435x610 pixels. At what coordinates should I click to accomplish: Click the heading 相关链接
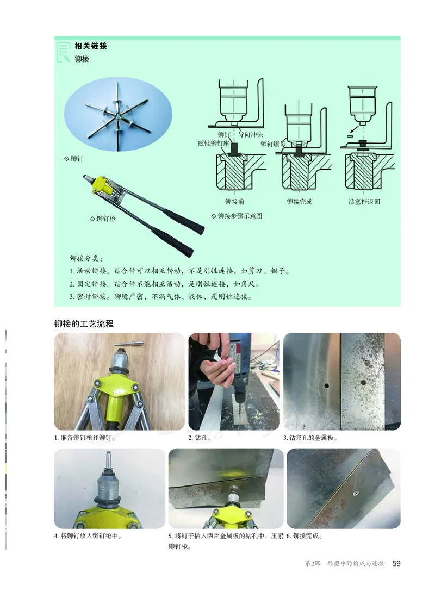[x=91, y=46]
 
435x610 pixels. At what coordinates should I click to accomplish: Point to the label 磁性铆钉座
[x=214, y=144]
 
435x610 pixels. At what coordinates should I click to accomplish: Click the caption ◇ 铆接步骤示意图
[x=237, y=216]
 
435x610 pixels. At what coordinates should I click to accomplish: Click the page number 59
[x=396, y=563]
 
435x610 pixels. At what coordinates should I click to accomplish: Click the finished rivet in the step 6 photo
[x=354, y=493]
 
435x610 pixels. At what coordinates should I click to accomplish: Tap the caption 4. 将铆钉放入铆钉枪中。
[x=87, y=536]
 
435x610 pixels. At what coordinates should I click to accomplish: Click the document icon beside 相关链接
[x=64, y=52]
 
